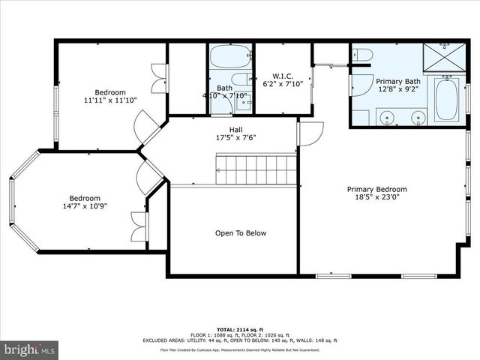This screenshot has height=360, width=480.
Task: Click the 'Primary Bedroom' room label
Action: click(376, 189)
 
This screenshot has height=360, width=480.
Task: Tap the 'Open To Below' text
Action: click(241, 233)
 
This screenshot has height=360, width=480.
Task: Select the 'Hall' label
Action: click(235, 129)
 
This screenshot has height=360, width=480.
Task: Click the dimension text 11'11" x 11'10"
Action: click(110, 99)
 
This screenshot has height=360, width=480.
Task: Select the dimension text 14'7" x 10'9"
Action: click(85, 205)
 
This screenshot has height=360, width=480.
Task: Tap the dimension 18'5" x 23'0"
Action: click(376, 199)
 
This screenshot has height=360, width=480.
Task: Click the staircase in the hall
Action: click(256, 169)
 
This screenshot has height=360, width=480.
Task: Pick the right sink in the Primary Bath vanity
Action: click(417, 117)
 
